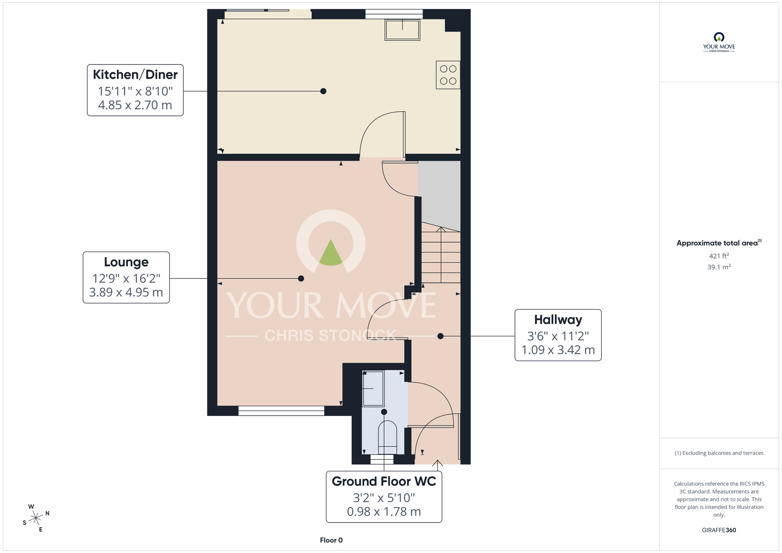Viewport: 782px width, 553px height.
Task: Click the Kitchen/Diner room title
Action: tap(135, 75)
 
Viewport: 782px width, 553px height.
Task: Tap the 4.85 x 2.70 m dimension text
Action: tap(135, 105)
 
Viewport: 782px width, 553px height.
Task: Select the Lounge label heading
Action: tap(126, 262)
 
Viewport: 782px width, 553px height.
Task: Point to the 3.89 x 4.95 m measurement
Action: tap(126, 293)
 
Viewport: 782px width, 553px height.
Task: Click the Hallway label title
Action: tap(558, 320)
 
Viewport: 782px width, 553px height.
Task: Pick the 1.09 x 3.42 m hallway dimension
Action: tap(558, 350)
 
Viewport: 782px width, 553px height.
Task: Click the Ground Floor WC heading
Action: tap(384, 481)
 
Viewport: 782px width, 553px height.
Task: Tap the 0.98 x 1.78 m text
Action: tap(384, 512)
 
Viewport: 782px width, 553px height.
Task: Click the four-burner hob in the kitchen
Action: tap(448, 75)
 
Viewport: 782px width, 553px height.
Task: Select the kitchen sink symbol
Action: tap(402, 30)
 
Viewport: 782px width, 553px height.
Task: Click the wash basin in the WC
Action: tap(373, 388)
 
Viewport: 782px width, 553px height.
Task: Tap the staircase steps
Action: tap(441, 256)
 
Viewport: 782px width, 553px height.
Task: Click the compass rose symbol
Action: tap(36, 519)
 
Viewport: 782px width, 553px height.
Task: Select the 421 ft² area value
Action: tap(719, 256)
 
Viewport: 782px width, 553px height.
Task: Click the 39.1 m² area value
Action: tap(719, 267)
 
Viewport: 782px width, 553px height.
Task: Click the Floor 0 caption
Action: tap(331, 540)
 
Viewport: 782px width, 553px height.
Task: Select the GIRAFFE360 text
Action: tap(719, 530)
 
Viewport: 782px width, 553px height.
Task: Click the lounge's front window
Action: tap(281, 410)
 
